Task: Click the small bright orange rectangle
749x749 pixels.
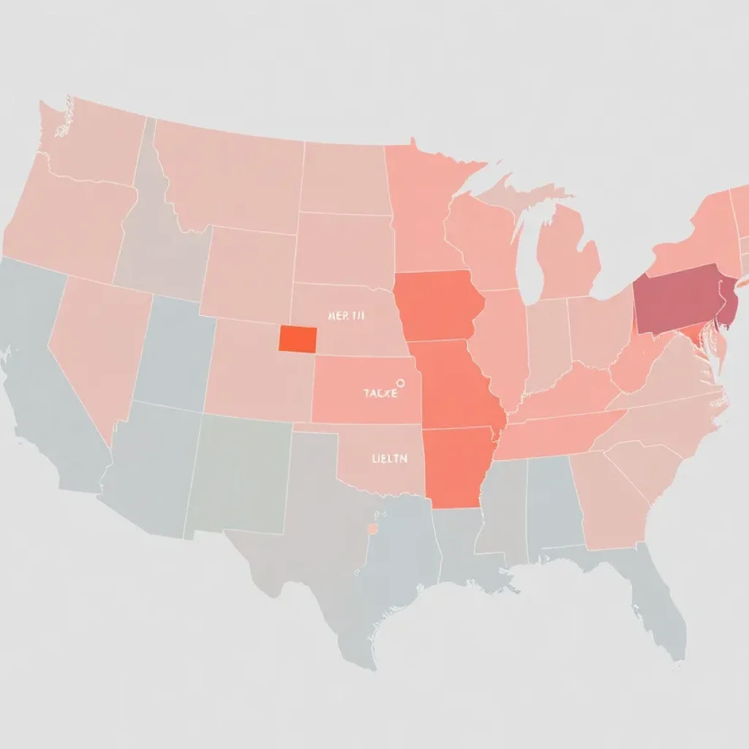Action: pos(298,338)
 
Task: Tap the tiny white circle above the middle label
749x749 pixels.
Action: pos(400,382)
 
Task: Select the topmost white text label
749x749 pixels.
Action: pos(347,315)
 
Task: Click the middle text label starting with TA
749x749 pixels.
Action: pos(381,394)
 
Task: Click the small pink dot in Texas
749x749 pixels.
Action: pos(372,528)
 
